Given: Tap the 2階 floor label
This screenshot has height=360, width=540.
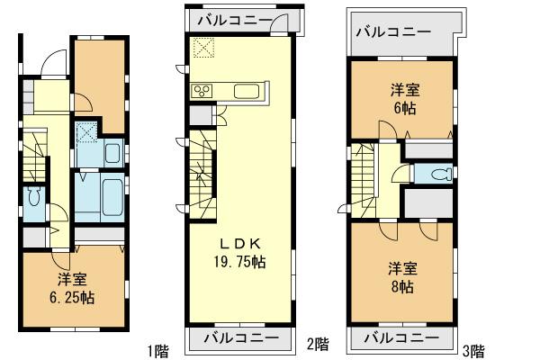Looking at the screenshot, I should coord(317,343).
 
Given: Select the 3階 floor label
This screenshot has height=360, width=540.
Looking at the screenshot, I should coord(474,349).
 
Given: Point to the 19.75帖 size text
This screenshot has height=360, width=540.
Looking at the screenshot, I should coord(240,261).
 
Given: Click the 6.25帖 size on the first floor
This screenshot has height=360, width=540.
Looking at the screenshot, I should coord(74,296).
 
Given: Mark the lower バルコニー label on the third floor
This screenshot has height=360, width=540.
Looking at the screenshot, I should coord(401,339).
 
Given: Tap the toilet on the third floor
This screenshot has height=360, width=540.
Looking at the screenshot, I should coord(436,175).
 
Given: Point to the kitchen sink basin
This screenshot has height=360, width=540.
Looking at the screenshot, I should coord(247,90).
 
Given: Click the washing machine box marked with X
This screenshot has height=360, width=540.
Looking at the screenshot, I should coord(87,133).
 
